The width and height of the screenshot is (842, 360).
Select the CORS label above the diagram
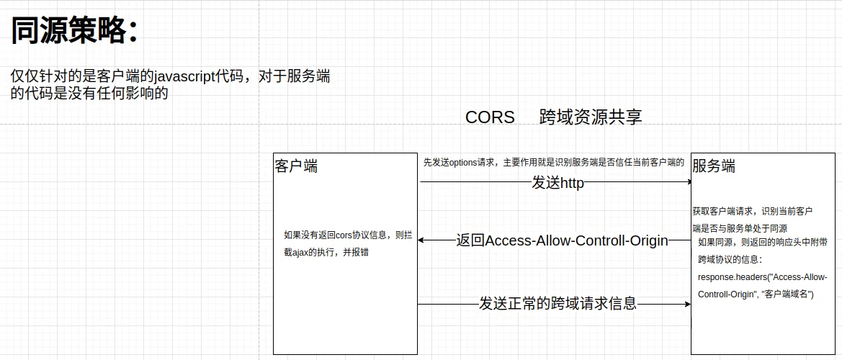[x=490, y=117]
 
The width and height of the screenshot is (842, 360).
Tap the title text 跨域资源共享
[x=591, y=117]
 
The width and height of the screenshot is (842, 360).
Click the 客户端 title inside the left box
[x=296, y=166]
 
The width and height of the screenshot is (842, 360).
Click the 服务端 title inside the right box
[x=714, y=166]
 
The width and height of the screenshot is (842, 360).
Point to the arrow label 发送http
[x=557, y=183]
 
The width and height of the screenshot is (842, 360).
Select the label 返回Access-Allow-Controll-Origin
[x=562, y=240]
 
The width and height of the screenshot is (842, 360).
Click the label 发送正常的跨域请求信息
[x=557, y=303]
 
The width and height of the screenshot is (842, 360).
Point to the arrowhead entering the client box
[x=421, y=240]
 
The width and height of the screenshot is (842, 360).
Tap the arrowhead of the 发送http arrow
[x=689, y=182]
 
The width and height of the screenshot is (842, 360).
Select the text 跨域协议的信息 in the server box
[x=729, y=259]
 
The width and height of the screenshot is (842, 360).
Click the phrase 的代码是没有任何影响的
[x=90, y=94]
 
